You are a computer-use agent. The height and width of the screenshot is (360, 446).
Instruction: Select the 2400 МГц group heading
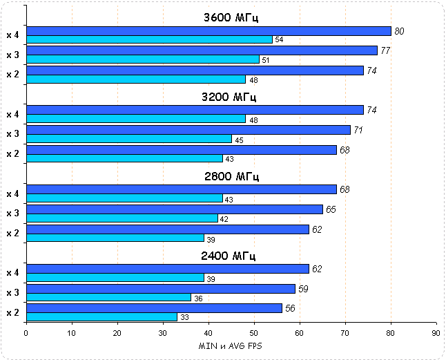229,256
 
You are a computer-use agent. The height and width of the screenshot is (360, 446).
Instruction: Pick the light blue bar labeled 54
149,39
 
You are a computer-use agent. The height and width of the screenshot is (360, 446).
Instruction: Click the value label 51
266,60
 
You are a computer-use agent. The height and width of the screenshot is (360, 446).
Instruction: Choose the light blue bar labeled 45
128,139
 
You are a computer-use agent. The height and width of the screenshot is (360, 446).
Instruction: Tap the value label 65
331,209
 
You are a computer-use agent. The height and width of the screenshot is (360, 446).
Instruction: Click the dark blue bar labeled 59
160,289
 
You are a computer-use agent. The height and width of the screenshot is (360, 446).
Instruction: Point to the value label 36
197,298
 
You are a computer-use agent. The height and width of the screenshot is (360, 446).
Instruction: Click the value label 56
290,308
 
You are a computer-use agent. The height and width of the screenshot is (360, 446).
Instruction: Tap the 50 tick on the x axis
254,332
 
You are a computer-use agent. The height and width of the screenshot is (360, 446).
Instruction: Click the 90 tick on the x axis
436,332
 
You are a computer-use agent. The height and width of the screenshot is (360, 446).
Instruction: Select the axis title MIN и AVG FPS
231,345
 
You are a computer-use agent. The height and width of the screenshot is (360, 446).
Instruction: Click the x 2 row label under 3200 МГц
12,153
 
